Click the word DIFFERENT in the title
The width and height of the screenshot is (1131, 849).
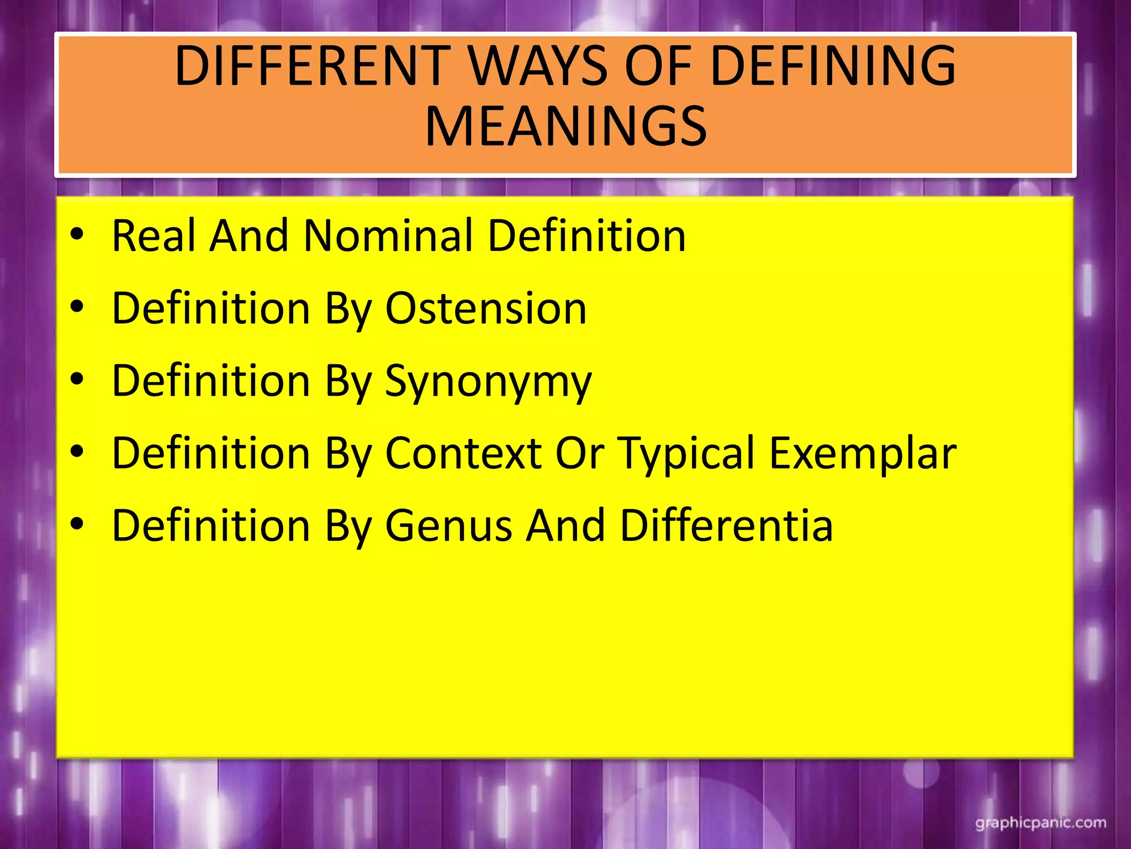(313, 66)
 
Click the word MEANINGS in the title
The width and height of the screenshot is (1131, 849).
(565, 127)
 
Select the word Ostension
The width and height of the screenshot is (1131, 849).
(486, 308)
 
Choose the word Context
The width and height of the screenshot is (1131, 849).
(463, 453)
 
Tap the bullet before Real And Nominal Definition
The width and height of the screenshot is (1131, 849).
(77, 234)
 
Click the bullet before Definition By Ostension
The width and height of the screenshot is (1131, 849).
(77, 307)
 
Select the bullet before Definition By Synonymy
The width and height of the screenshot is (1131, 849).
(77, 379)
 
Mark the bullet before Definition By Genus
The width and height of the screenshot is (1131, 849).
(77, 524)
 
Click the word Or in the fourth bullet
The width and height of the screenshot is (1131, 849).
(579, 453)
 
